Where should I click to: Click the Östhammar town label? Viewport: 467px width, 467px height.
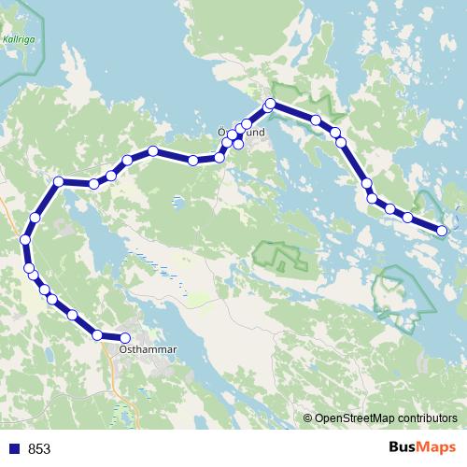click(149, 350)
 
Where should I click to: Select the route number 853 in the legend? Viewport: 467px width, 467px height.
click(39, 448)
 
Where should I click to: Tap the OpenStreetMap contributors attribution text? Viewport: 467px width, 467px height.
click(386, 418)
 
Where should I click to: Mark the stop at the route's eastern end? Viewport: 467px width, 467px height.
click(442, 230)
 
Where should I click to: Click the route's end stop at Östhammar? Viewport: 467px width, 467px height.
click(125, 338)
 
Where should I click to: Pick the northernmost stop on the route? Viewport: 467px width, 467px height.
click(271, 104)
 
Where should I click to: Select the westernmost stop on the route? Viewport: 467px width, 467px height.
click(25, 240)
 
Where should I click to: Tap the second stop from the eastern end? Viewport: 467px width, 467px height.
click(407, 218)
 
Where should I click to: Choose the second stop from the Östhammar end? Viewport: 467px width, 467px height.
click(97, 333)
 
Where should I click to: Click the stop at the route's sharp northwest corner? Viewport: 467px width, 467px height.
click(59, 181)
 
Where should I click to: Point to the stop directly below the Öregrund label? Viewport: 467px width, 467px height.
click(238, 144)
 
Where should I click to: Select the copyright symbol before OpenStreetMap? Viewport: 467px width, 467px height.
click(307, 418)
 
